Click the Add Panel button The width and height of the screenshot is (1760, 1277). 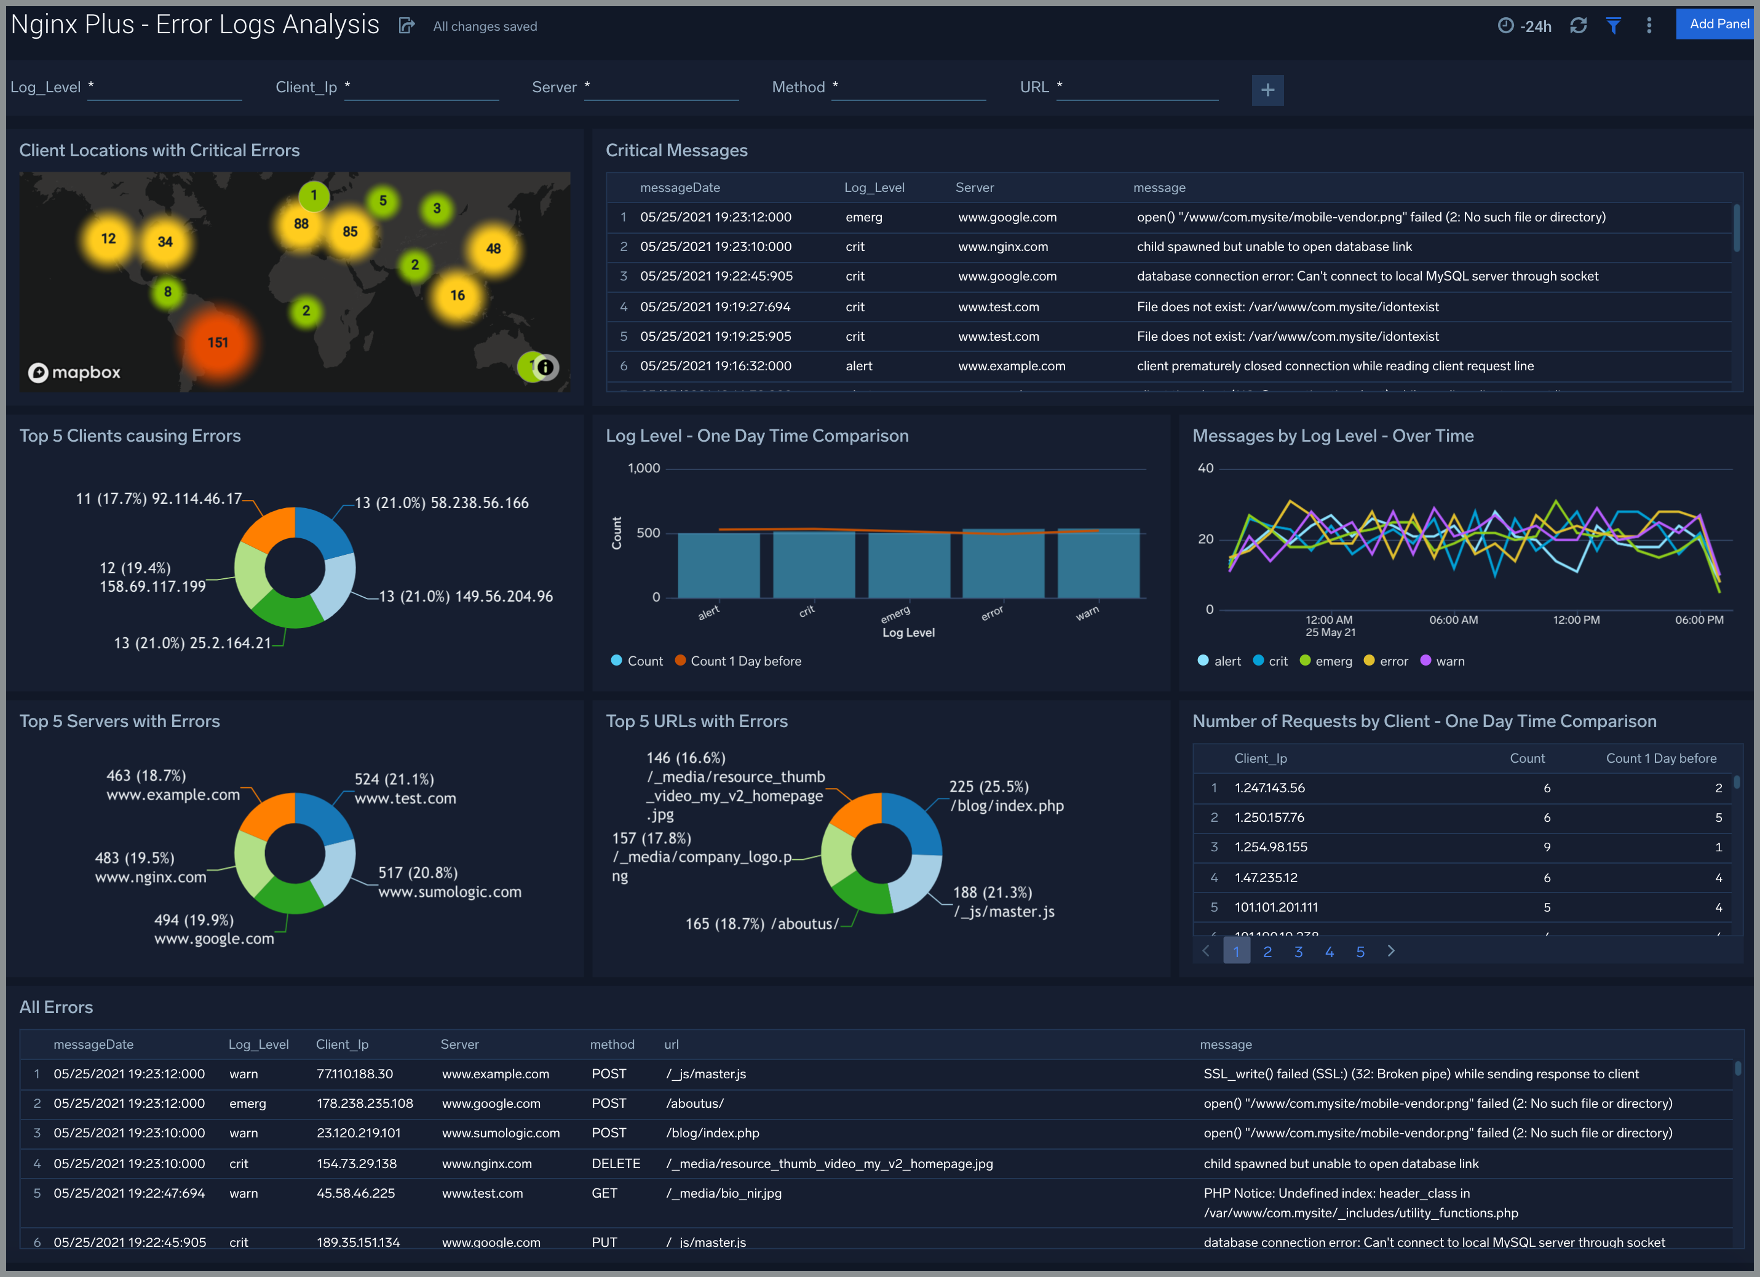pyautogui.click(x=1718, y=24)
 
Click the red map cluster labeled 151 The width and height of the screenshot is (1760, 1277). pyautogui.click(x=218, y=343)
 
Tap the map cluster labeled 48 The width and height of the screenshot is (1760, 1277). pyautogui.click(x=493, y=249)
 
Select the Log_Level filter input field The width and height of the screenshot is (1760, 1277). pyautogui.click(x=165, y=88)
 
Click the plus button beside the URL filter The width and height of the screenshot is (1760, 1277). pyautogui.click(x=1267, y=90)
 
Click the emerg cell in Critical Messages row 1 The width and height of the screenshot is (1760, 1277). pyautogui.click(x=863, y=217)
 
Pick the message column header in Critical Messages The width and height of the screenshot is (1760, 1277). pyautogui.click(x=1159, y=188)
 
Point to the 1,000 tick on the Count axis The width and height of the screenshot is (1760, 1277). pyautogui.click(x=643, y=468)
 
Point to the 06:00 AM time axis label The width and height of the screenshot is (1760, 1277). pyautogui.click(x=1453, y=620)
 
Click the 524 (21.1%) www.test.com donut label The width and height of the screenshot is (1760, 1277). pyautogui.click(x=405, y=789)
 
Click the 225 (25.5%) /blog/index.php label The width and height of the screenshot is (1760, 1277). pyautogui.click(x=1005, y=797)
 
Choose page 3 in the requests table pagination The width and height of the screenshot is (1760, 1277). pyautogui.click(x=1298, y=952)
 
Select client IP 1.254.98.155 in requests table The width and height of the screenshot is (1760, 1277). pyautogui.click(x=1270, y=847)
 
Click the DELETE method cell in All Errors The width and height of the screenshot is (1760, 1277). pyautogui.click(x=616, y=1164)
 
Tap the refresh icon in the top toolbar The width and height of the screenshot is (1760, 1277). pyautogui.click(x=1577, y=26)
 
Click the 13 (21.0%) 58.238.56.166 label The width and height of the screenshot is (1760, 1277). pyautogui.click(x=441, y=503)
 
